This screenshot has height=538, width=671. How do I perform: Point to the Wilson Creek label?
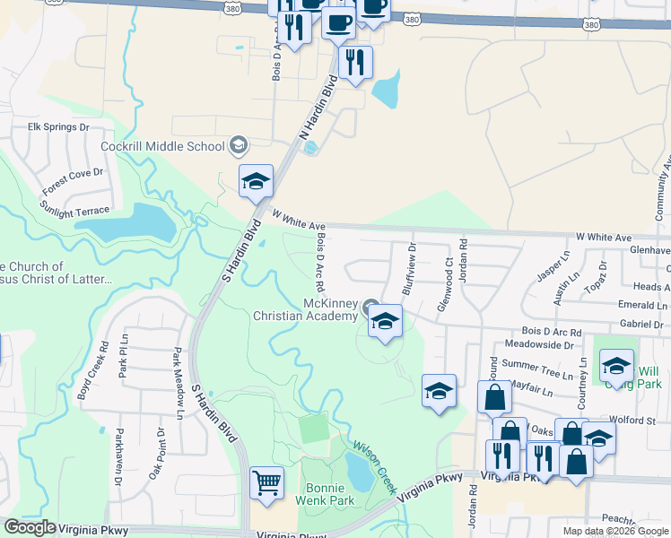click(x=374, y=466)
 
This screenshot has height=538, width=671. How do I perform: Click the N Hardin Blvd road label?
click(x=318, y=111)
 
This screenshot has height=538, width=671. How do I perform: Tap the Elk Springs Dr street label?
click(x=59, y=127)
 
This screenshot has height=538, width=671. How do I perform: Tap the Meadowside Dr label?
click(x=538, y=344)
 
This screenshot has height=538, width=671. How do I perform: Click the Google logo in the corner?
click(x=30, y=527)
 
